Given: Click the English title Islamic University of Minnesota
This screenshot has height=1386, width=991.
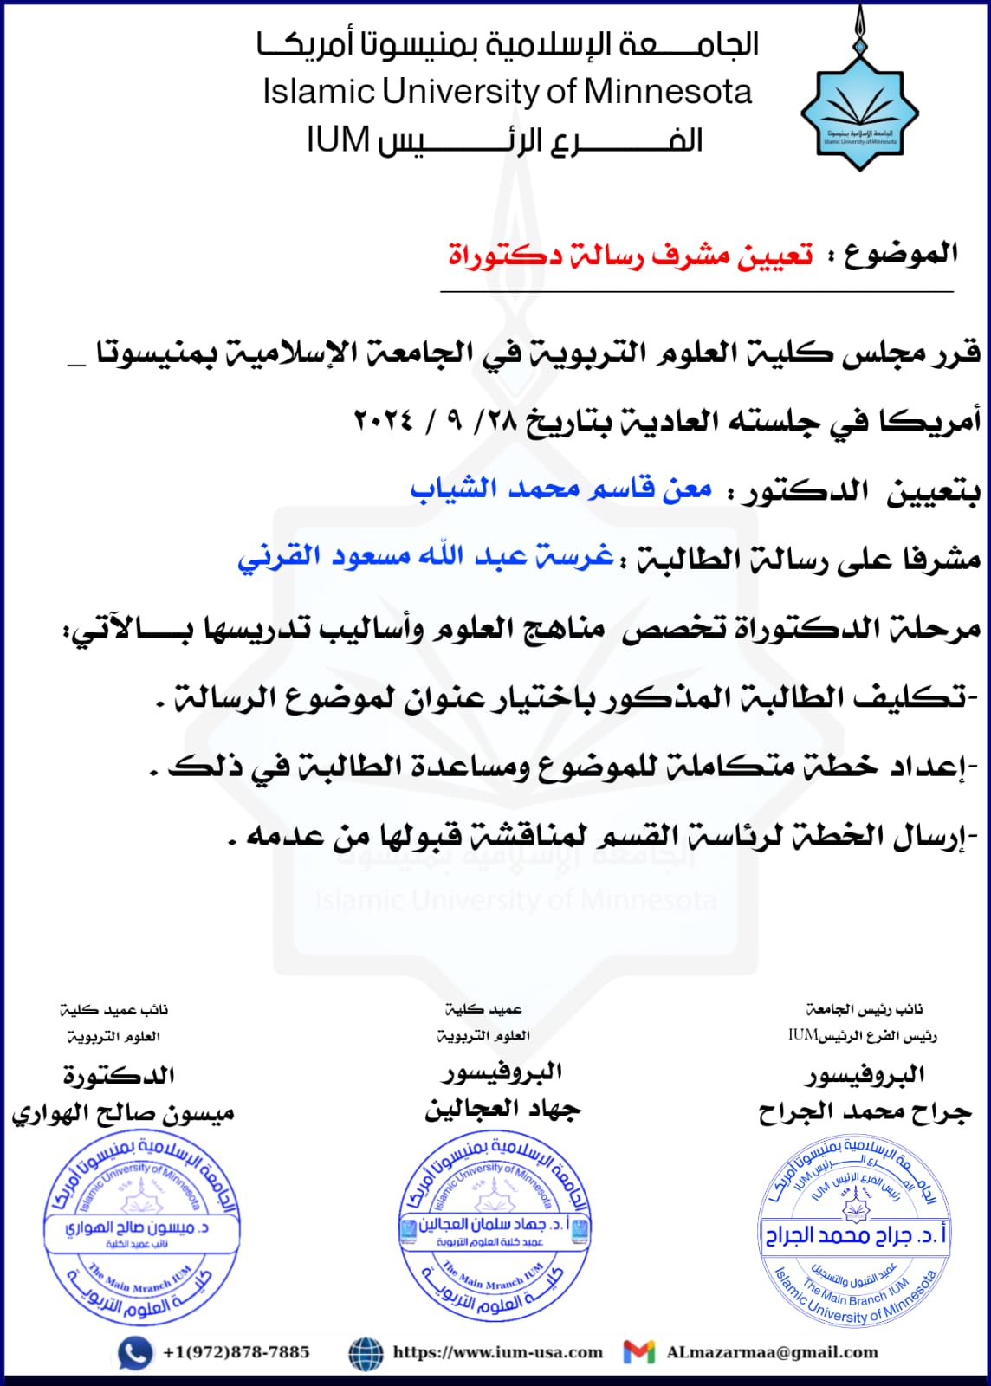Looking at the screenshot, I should [x=508, y=92].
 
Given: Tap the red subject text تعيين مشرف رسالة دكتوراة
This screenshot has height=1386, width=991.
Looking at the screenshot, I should [x=631, y=256].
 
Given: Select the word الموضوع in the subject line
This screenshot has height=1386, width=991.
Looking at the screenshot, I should [x=901, y=254].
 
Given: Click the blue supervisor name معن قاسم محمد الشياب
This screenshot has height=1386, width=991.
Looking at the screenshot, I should [x=561, y=489].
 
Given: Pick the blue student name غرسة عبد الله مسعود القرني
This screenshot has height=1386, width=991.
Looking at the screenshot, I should [x=426, y=556].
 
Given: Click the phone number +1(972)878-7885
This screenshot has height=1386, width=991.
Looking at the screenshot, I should [x=236, y=1352].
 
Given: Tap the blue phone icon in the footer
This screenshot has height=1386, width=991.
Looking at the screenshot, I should [x=135, y=1353].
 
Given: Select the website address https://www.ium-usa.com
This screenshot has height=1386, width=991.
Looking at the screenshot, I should [x=497, y=1352].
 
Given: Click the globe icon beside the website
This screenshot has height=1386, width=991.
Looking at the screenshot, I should [x=366, y=1353].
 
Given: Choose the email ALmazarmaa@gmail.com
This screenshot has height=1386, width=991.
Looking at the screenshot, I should [x=772, y=1352].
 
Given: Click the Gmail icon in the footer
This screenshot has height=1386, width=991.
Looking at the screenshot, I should [x=639, y=1352].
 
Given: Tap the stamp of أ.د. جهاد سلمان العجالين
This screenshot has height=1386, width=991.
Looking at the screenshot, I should [x=495, y=1227].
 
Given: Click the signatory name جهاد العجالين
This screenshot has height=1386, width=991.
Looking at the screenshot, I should [x=502, y=1110].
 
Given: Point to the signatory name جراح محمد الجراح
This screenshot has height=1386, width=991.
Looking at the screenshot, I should [x=865, y=1112].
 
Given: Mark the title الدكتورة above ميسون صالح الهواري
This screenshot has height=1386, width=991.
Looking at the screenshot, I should [x=120, y=1076].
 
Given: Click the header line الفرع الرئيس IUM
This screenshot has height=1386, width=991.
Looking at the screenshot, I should [x=504, y=140].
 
